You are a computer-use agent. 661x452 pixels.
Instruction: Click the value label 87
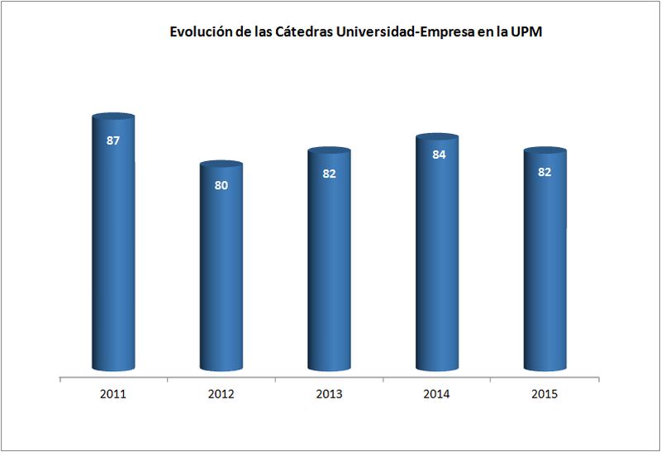pyautogui.click(x=113, y=140)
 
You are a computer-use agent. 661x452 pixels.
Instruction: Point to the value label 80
pyautogui.click(x=221, y=185)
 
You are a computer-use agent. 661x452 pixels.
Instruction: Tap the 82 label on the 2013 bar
pyautogui.click(x=329, y=173)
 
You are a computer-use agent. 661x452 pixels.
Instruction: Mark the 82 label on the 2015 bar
pyautogui.click(x=545, y=172)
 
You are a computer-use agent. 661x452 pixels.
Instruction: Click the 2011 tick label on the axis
pyautogui.click(x=112, y=394)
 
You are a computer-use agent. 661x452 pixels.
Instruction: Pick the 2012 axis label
pyautogui.click(x=221, y=394)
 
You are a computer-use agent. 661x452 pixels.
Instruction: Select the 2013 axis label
pyautogui.click(x=329, y=394)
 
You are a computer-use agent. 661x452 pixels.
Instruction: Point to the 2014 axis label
pyautogui.click(x=436, y=394)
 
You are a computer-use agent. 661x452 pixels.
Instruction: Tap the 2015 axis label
pyautogui.click(x=544, y=394)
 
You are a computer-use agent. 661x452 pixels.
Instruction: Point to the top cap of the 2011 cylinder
pyautogui.click(x=113, y=118)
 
